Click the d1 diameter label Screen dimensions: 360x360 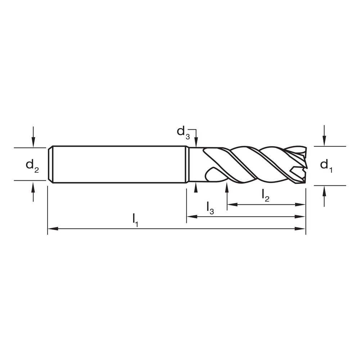[326, 165]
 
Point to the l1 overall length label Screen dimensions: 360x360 [135, 220]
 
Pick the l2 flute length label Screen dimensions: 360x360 [265, 195]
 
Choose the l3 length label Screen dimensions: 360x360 [210, 208]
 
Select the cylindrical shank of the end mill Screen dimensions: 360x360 [119, 165]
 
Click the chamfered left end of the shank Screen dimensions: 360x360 [50, 165]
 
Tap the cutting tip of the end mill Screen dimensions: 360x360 [305, 166]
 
